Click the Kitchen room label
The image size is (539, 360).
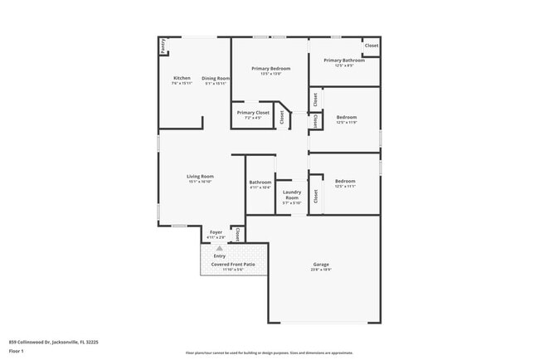point(182,78)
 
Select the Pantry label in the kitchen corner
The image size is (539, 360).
point(163,46)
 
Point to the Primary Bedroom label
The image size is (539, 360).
point(270,69)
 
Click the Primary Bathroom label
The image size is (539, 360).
point(344,60)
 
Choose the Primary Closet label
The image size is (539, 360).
point(253,112)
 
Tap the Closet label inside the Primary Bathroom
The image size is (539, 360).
point(371,46)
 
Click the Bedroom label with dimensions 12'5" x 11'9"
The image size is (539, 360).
point(346,117)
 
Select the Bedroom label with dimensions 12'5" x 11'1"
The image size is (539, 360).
point(345,181)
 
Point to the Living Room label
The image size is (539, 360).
point(200,176)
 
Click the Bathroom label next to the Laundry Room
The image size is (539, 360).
point(260,182)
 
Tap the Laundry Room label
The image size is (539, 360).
point(292,195)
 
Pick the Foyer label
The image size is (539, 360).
point(216,232)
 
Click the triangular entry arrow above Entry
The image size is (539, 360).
point(220,248)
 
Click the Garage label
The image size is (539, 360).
point(321,264)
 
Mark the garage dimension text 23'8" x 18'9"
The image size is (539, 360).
point(321,270)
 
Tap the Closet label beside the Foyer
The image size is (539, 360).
point(238,234)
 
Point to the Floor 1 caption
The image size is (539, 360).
point(17,351)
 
